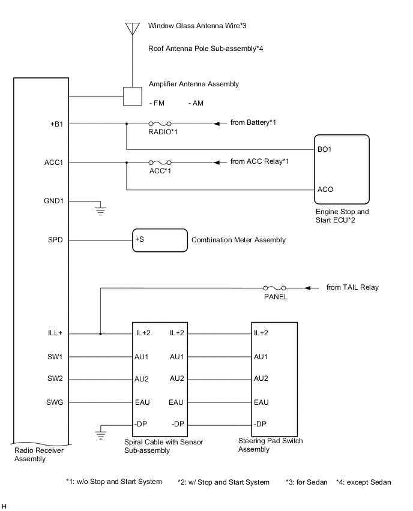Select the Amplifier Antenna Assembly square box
pyautogui.click(x=131, y=96)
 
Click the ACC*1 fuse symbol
pyautogui.click(x=160, y=162)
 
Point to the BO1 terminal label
pyautogui.click(x=325, y=150)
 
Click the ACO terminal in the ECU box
pyautogui.click(x=325, y=190)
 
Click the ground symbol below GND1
pyautogui.click(x=101, y=210)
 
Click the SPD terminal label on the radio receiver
pyautogui.click(x=58, y=240)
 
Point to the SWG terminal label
pyautogui.click(x=57, y=402)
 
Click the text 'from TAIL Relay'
pyautogui.click(x=352, y=288)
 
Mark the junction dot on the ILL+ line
pyautogui.click(x=100, y=334)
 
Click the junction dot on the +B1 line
pyautogui.click(x=127, y=124)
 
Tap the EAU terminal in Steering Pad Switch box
pyautogui.click(x=261, y=402)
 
